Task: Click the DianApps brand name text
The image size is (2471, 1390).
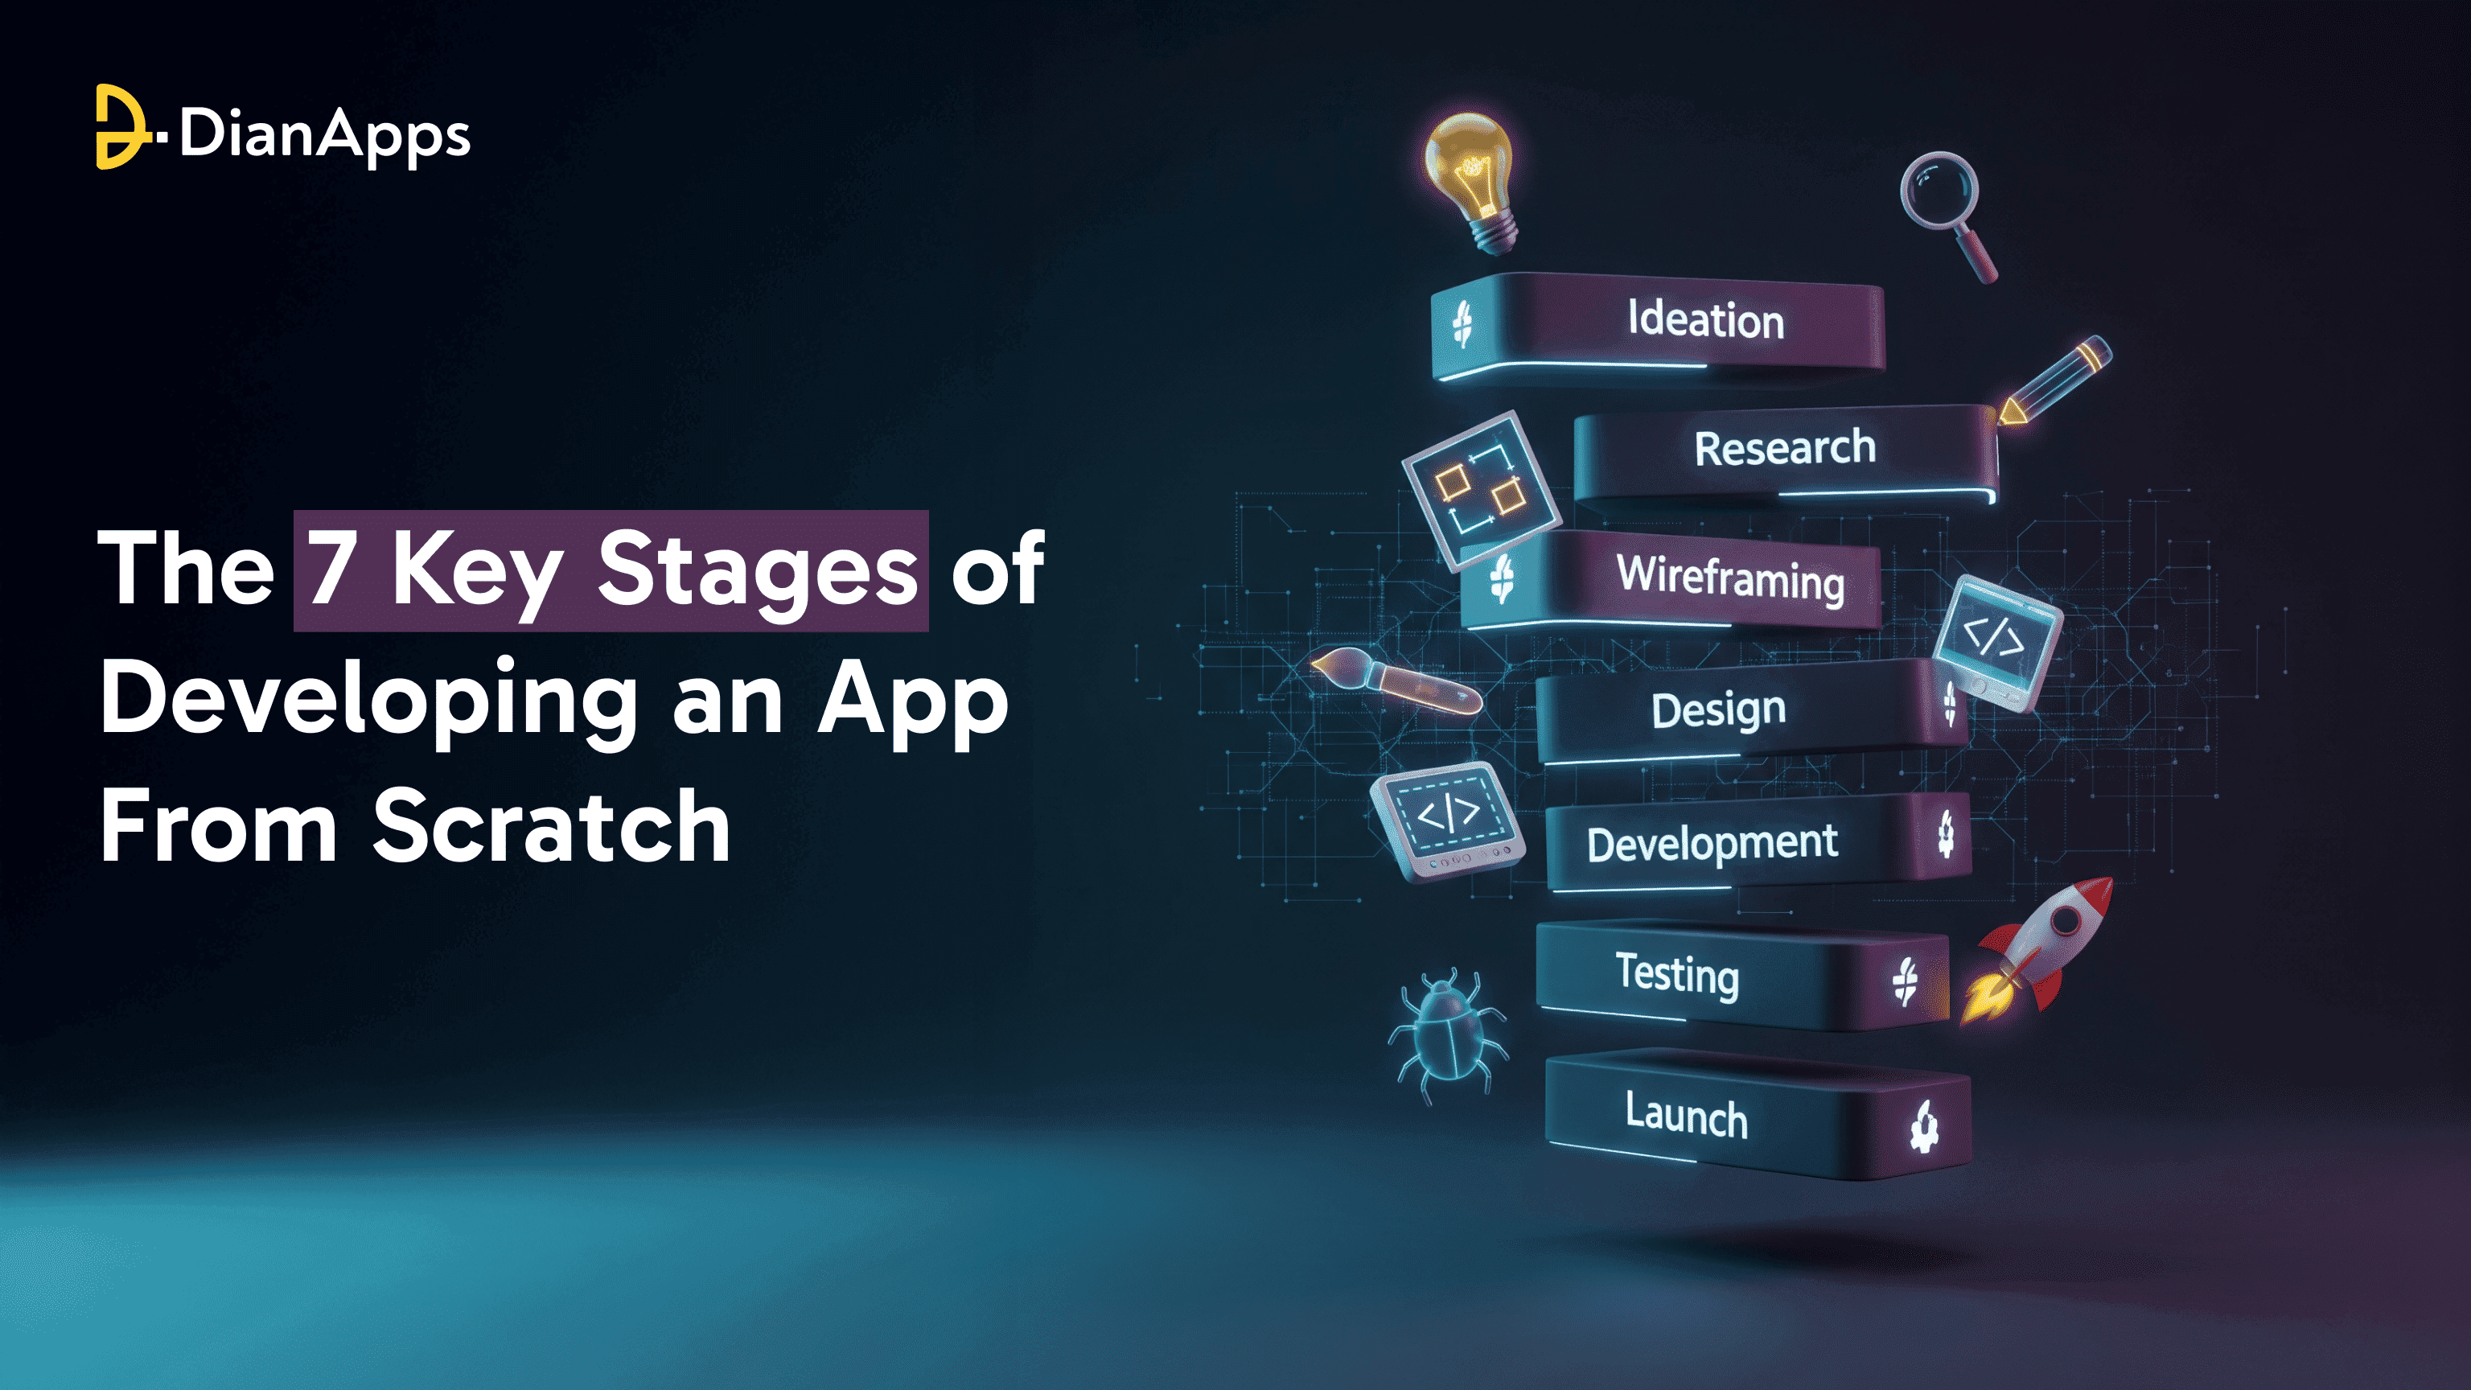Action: coord(324,135)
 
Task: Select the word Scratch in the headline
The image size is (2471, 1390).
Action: coord(551,827)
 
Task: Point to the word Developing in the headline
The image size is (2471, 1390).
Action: coord(368,701)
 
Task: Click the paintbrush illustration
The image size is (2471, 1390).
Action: coord(1395,681)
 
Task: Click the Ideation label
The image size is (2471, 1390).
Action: coord(1705,319)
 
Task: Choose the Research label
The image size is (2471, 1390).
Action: coord(1784,448)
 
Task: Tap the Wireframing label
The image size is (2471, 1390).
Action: coord(1730,578)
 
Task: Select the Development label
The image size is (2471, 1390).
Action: coord(1712,843)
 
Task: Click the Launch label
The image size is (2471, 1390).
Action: coord(1686,1115)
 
